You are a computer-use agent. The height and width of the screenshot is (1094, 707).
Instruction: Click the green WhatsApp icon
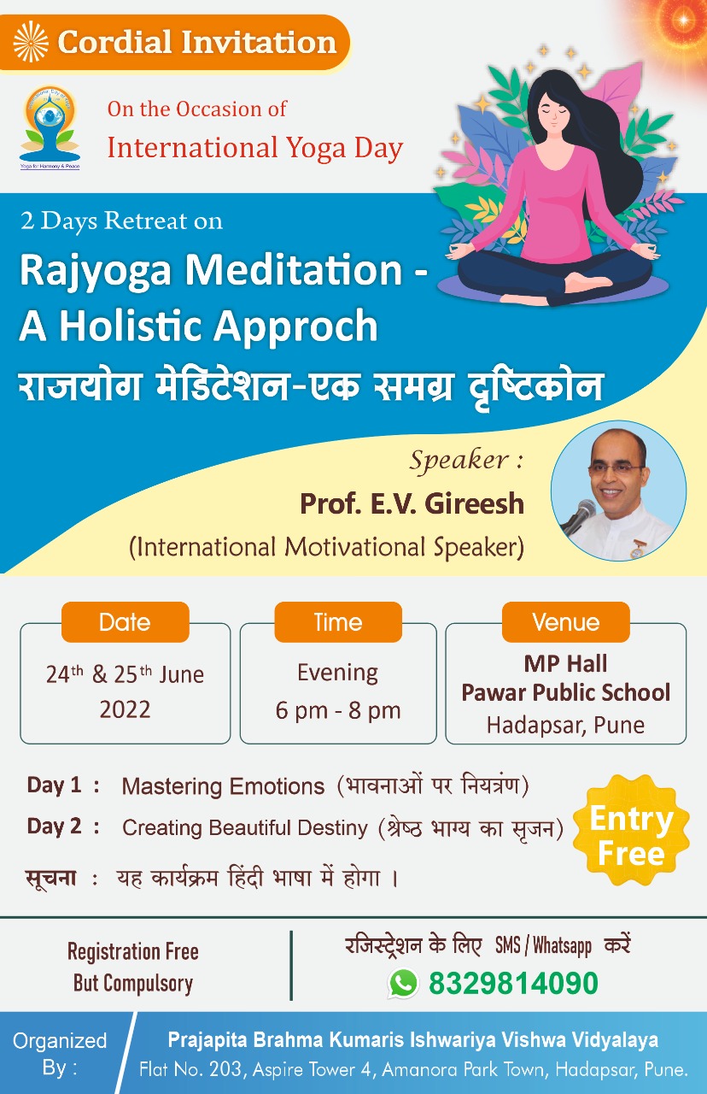403,982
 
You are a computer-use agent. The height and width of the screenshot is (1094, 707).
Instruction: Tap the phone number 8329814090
513,983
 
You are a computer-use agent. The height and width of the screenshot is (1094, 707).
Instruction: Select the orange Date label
125,621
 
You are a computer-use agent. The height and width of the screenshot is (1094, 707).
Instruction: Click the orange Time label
338,621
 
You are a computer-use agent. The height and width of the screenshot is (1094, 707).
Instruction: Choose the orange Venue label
566,621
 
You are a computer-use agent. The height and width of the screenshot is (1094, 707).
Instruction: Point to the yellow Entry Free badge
631,836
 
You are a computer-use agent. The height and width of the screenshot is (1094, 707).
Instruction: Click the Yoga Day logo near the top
50,127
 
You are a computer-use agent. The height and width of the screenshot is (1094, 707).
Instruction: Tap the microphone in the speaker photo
581,516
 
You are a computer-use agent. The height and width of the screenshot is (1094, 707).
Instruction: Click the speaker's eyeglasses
616,468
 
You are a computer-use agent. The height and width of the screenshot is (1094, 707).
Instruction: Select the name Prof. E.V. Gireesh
412,503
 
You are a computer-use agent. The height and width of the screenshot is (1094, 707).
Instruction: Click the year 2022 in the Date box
125,709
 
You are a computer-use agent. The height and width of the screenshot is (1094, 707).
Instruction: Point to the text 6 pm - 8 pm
338,710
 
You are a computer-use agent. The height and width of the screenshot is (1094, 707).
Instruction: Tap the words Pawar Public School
566,692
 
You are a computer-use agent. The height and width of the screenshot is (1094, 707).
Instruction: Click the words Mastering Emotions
223,786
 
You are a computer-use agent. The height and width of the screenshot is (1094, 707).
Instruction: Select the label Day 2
54,826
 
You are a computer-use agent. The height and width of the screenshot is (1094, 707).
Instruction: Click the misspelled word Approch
295,326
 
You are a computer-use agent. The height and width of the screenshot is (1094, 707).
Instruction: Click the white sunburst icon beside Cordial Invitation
31,42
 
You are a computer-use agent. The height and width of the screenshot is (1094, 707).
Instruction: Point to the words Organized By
60,1054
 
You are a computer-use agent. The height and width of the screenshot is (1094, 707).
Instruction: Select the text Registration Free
132,951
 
